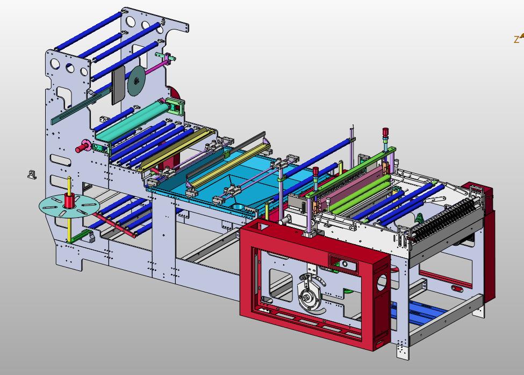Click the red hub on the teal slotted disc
[x=69, y=201]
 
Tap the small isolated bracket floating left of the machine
[x=32, y=175]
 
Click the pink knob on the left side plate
[x=83, y=146]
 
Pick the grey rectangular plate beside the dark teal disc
[x=118, y=84]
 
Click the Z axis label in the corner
[x=516, y=40]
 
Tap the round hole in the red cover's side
[x=382, y=282]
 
